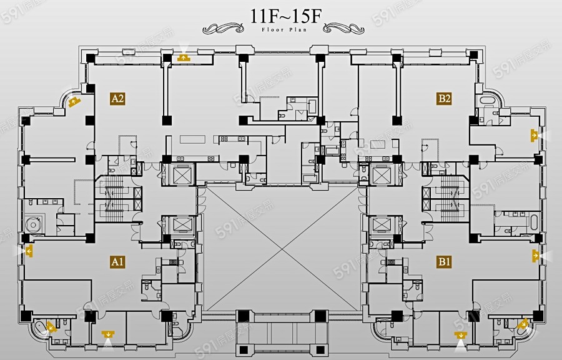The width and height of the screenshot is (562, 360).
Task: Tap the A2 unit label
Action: [x=118, y=98]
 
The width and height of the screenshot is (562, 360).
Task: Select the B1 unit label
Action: [x=445, y=262]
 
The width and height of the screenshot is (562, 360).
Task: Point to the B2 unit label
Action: [x=445, y=98]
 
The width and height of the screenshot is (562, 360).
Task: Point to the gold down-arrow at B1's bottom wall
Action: [x=461, y=335]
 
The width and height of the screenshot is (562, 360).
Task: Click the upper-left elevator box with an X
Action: [x=178, y=174]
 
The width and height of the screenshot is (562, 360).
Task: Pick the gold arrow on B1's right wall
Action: [x=536, y=254]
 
